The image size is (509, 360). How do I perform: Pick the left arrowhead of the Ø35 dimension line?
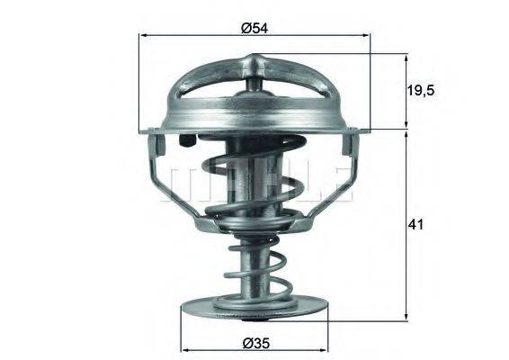[x=187, y=349]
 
